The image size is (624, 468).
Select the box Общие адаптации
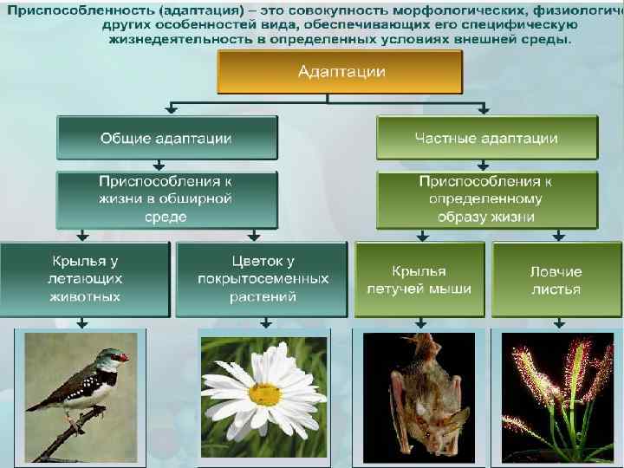tap(166, 138)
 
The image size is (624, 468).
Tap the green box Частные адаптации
tap(486, 138)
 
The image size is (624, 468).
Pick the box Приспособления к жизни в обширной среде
tap(166, 198)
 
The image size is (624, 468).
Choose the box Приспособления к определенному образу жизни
tap(486, 198)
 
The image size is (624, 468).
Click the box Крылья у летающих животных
tap(84, 278)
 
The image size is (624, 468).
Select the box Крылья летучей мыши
tap(419, 279)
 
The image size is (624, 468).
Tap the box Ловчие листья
tap(556, 279)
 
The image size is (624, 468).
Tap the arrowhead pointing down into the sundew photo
tap(559, 324)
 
